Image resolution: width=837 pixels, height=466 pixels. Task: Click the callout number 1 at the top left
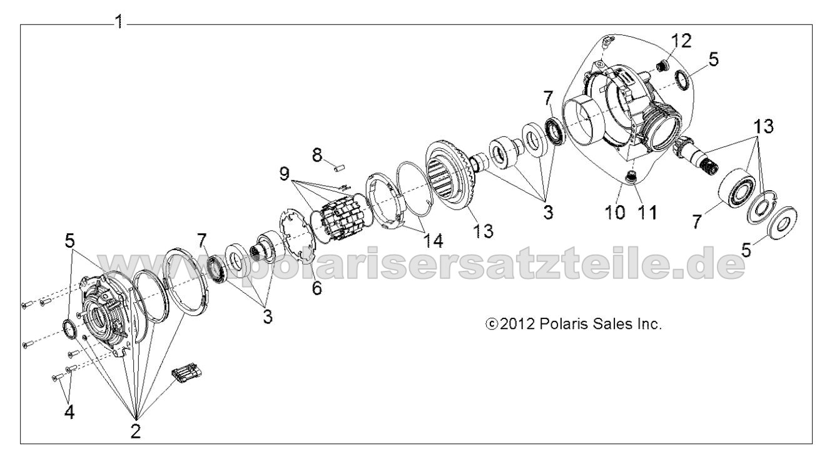[x=118, y=23]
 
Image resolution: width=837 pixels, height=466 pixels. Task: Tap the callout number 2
[x=136, y=431]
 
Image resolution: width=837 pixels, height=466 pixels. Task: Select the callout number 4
[x=69, y=412]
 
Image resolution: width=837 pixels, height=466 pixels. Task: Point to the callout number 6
[x=318, y=289]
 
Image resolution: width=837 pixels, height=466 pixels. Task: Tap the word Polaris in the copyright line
[x=553, y=325]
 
